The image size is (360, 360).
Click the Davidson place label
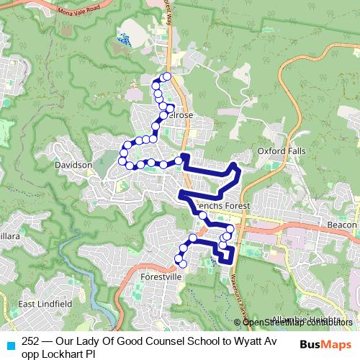point(73,165)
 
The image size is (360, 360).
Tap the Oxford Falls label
point(277,151)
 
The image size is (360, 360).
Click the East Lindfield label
point(45,305)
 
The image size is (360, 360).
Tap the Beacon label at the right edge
point(341,225)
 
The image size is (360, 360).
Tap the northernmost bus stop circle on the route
point(167,76)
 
